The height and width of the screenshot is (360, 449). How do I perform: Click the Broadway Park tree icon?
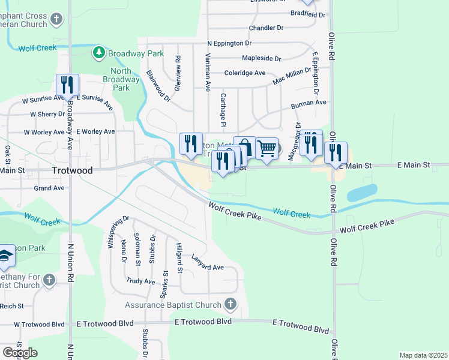(x=100, y=53)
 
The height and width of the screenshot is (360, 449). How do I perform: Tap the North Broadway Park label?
(x=117, y=79)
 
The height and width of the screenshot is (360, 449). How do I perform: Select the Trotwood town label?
(x=72, y=170)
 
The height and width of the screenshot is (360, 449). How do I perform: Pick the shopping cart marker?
(x=267, y=148)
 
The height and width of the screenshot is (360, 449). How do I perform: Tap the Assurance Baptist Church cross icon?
(x=230, y=305)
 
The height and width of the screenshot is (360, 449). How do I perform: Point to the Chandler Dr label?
(x=265, y=28)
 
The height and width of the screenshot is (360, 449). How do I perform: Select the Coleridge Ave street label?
(x=244, y=73)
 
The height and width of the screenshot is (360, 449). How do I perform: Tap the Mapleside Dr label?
(x=261, y=59)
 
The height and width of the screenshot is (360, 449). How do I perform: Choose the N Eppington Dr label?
(x=229, y=44)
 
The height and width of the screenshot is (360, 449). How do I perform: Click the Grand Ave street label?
(x=49, y=188)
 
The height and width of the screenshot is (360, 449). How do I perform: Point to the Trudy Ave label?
(x=140, y=281)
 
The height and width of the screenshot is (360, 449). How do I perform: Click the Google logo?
(x=20, y=353)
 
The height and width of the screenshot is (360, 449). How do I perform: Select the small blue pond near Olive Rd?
(x=361, y=193)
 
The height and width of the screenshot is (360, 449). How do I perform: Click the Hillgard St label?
(x=179, y=259)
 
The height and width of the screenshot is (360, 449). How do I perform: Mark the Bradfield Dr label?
(x=307, y=14)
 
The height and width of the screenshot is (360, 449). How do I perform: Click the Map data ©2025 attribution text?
(x=423, y=355)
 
